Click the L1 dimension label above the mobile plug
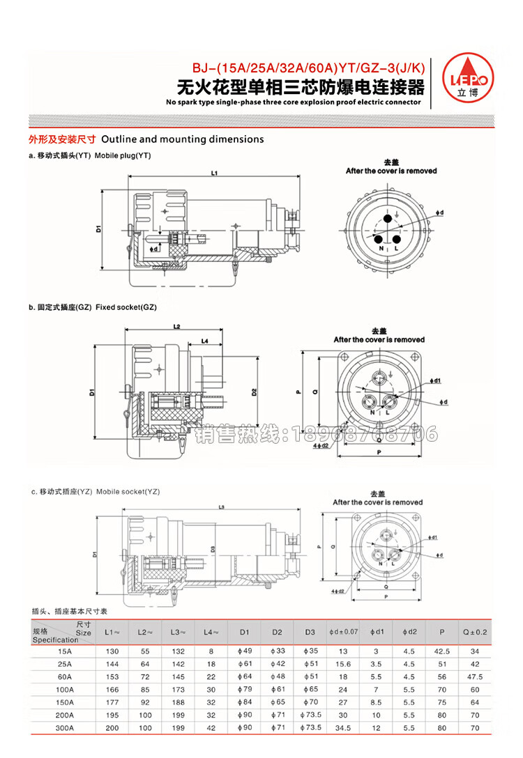(x=215, y=172)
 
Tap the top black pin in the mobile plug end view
(x=386, y=219)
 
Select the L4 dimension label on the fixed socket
(x=205, y=341)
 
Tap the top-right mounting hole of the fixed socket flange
(x=416, y=357)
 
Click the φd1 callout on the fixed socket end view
(x=437, y=381)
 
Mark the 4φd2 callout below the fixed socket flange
(x=321, y=445)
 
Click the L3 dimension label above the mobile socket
(x=221, y=507)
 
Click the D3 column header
(x=310, y=632)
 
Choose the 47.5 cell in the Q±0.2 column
(x=476, y=676)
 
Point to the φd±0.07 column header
(x=343, y=632)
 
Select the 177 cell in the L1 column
(x=112, y=702)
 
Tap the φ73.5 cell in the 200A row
(x=310, y=715)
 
